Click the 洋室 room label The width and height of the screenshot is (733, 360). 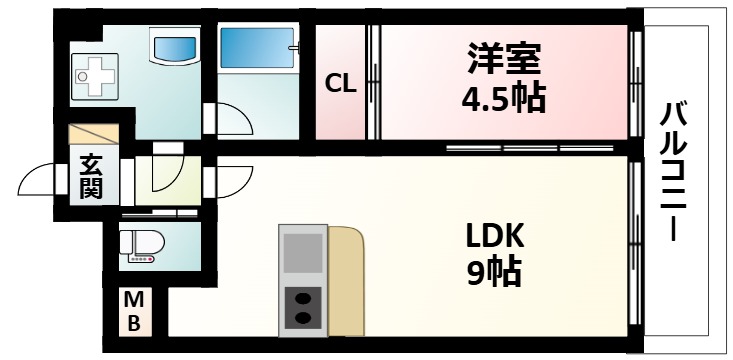(x=504, y=59)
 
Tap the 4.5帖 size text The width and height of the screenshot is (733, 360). (x=504, y=98)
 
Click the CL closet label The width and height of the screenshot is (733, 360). (x=341, y=85)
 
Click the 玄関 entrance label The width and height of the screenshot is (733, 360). (x=92, y=176)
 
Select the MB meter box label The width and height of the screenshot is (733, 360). (x=133, y=310)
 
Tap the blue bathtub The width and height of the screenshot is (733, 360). (x=257, y=47)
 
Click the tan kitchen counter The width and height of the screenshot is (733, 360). (x=346, y=280)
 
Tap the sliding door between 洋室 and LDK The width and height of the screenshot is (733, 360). (x=529, y=148)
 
